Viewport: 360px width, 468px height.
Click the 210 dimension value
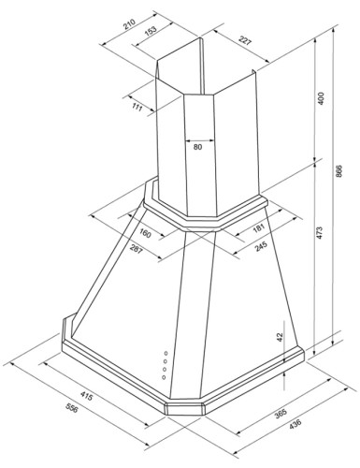129,24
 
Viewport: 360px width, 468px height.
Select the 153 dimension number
150,31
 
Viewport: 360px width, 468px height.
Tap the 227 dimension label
245,40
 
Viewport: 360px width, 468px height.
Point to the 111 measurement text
137,107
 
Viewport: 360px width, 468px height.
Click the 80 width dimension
197,147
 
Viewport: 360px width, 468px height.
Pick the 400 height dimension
321,98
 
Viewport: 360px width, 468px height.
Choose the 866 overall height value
338,171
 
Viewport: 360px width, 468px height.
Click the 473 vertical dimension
319,233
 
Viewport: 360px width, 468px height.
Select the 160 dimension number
145,233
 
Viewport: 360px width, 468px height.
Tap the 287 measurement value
136,249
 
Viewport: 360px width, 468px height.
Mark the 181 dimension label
258,228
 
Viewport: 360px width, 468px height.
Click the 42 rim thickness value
280,337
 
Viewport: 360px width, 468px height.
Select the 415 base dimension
86,396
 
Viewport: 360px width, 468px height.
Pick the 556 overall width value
72,407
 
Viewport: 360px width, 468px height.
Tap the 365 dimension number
281,413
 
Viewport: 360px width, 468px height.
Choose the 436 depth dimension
295,424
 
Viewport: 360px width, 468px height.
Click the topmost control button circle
166,353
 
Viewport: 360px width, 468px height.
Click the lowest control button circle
164,377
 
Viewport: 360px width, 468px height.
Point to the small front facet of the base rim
184,409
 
